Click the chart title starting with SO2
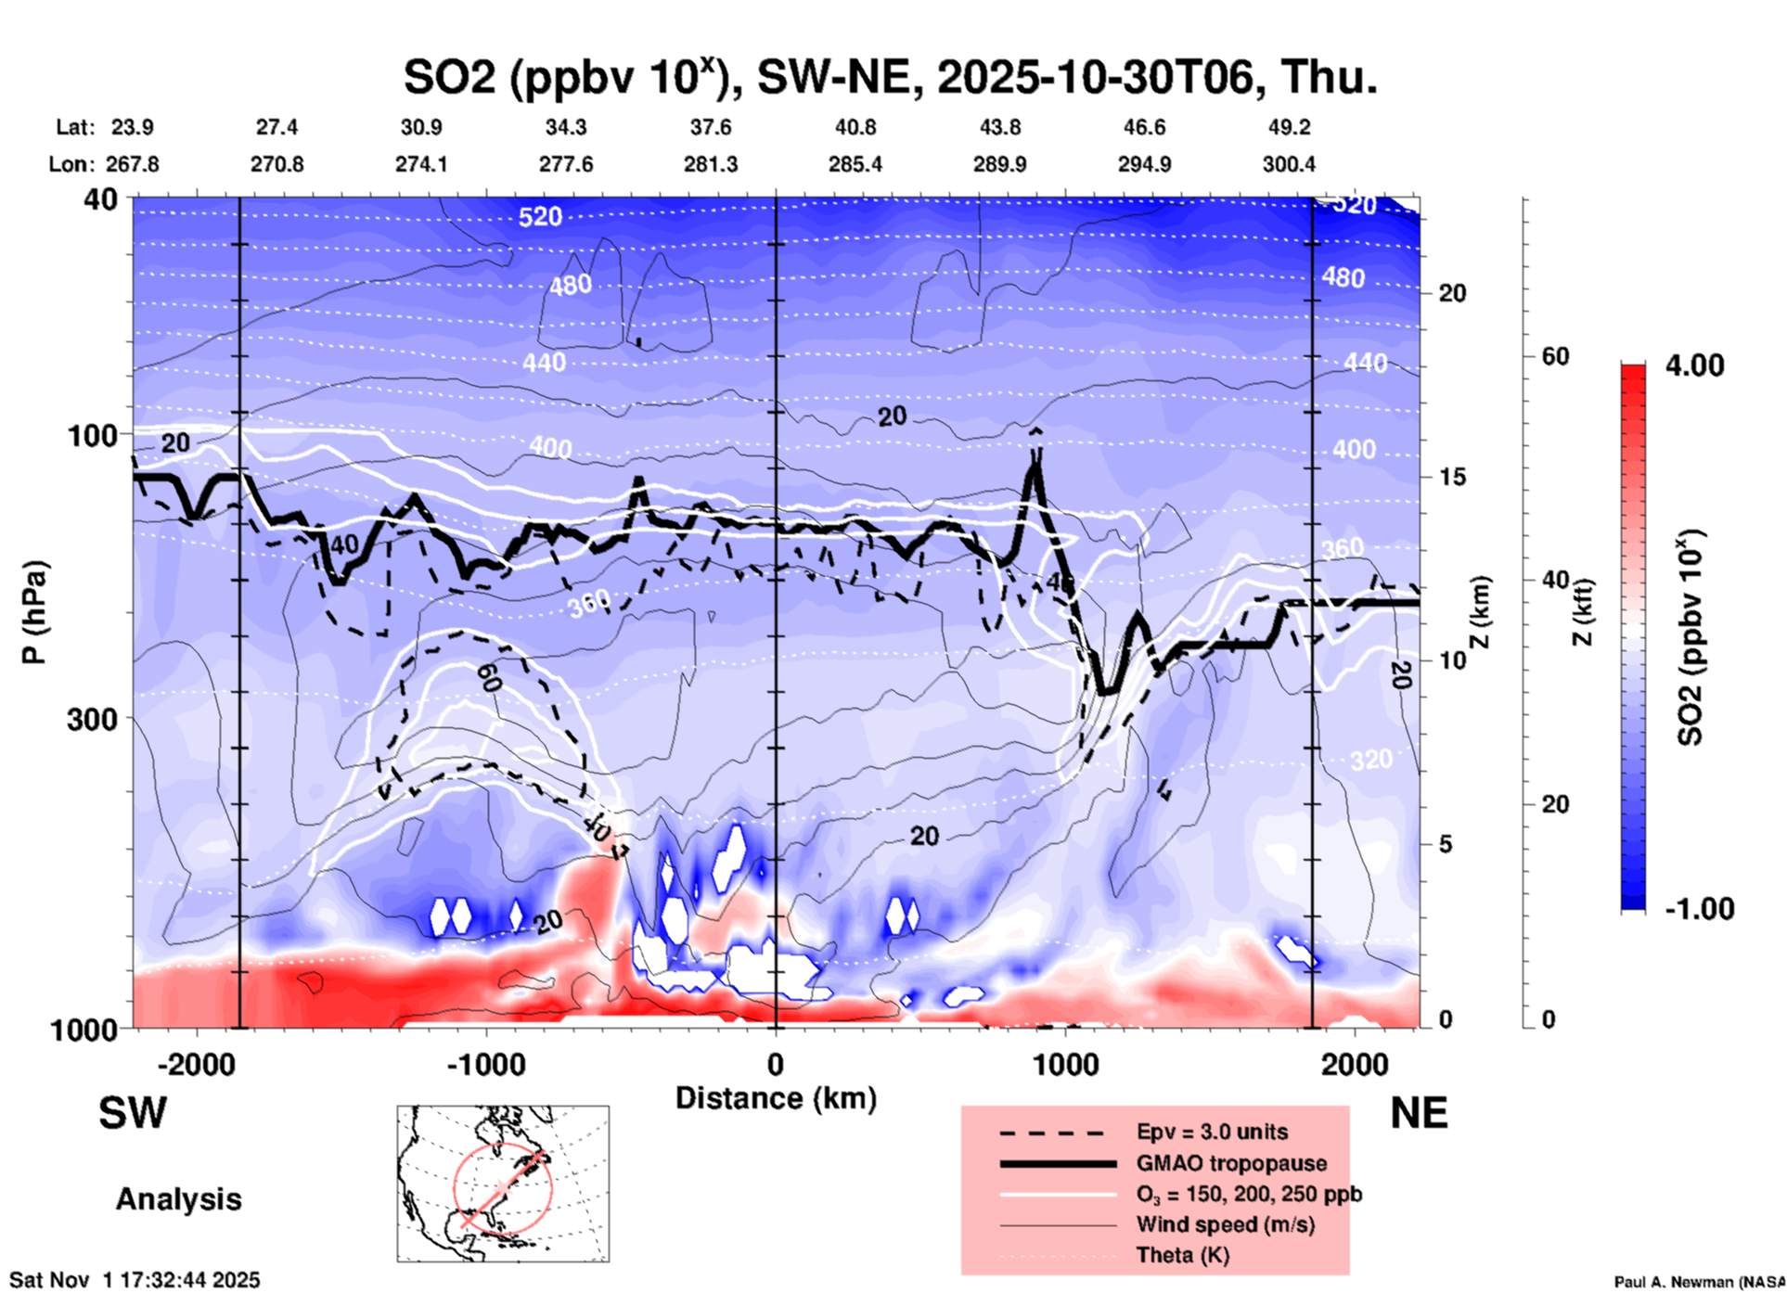point(891,77)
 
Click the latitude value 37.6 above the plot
point(710,127)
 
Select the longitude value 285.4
point(855,164)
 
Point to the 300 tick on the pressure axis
point(92,719)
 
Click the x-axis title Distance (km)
point(776,1098)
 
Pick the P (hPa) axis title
point(34,612)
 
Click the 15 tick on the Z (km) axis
point(1452,477)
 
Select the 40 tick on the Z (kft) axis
point(1555,581)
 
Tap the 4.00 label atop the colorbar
point(1694,365)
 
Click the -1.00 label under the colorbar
point(1699,909)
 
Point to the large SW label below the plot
point(133,1113)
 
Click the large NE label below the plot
point(1419,1113)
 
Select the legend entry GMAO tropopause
point(1231,1163)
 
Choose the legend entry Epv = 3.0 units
point(1212,1132)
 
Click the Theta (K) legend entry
point(1182,1255)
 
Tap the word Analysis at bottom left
point(178,1199)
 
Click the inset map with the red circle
point(503,1184)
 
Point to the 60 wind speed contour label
point(489,678)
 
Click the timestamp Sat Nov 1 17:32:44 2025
point(135,1280)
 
